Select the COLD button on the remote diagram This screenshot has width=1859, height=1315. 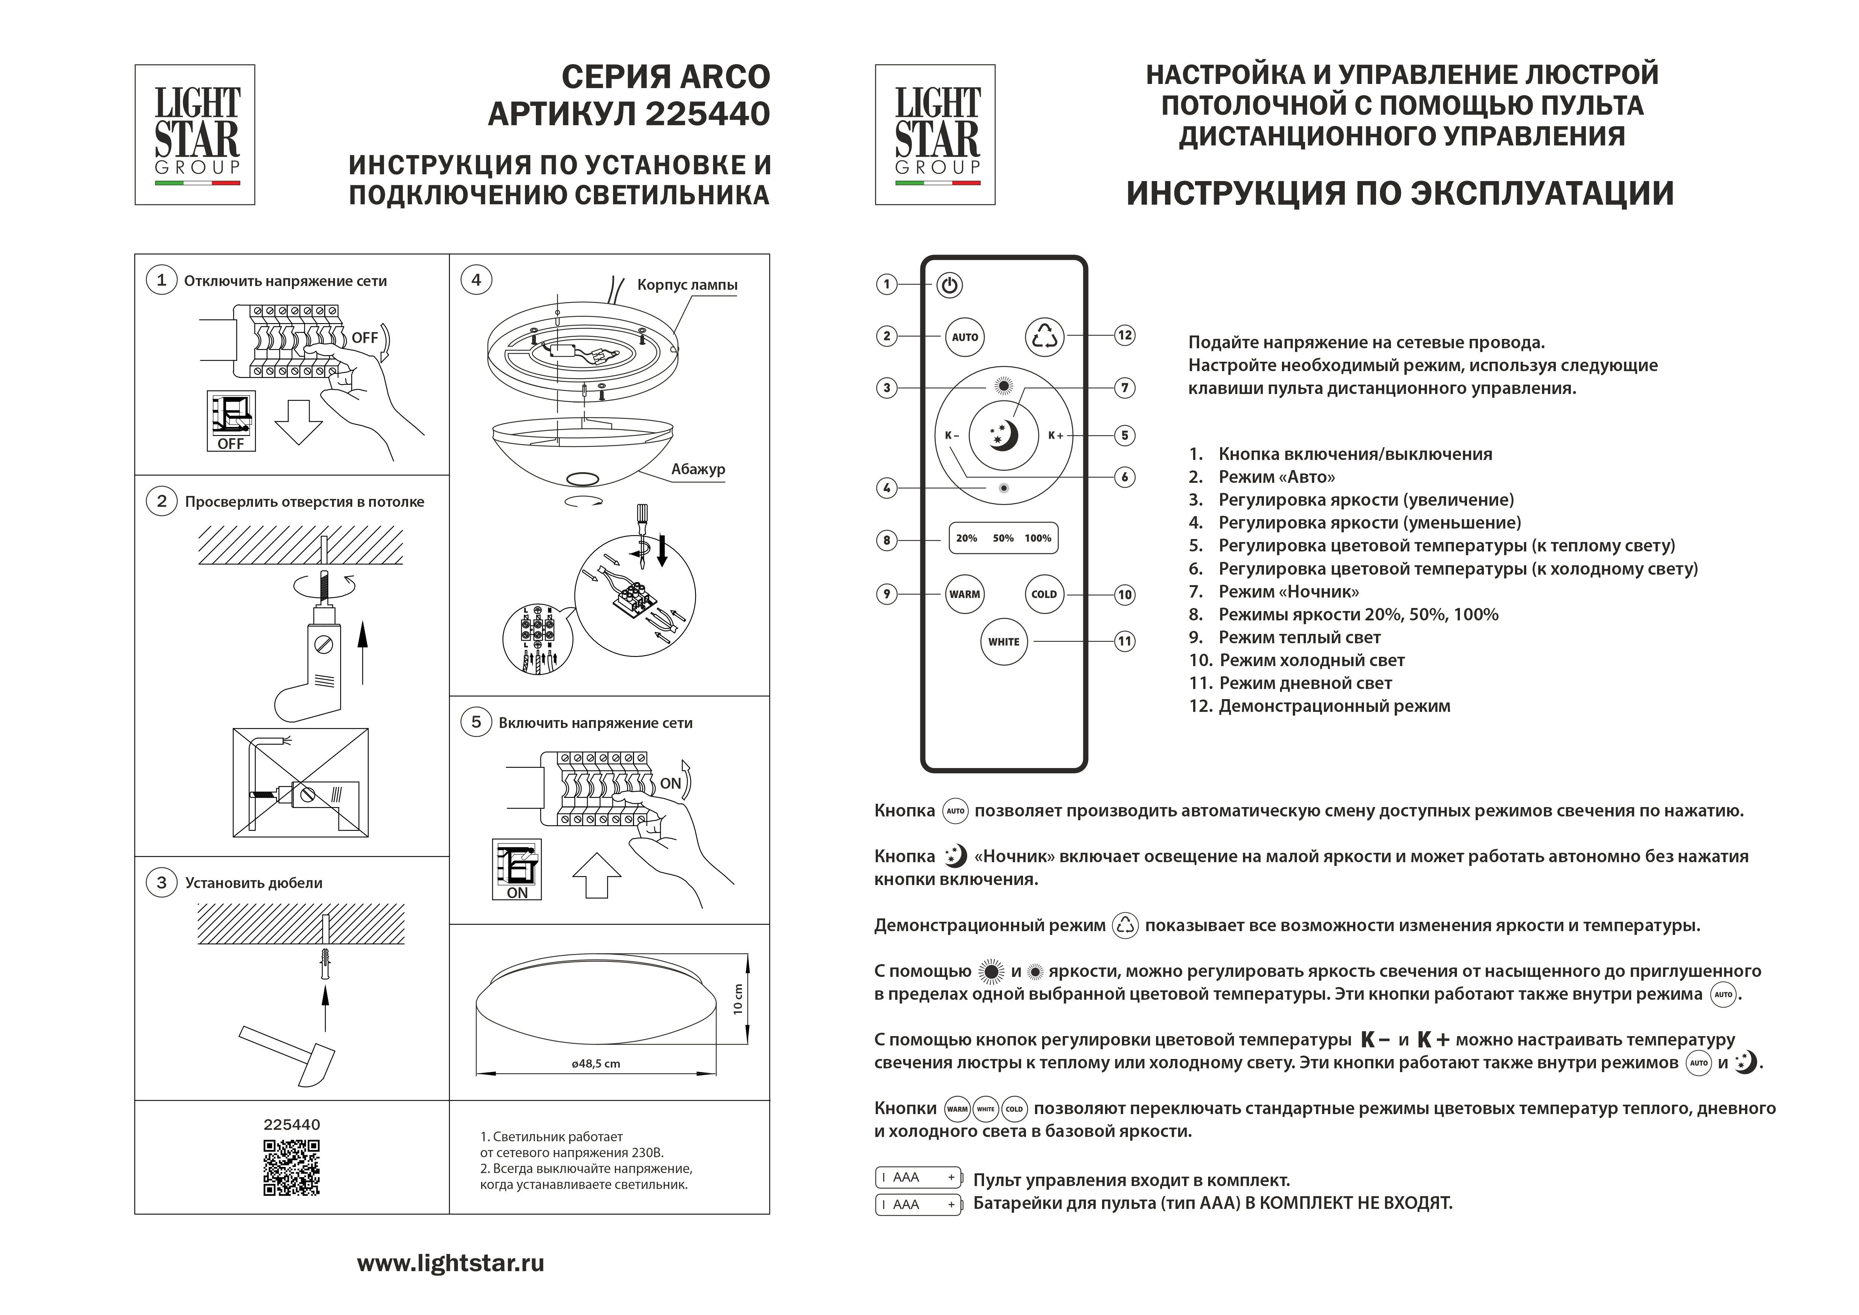pos(1044,595)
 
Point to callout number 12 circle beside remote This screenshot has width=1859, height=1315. pos(1125,335)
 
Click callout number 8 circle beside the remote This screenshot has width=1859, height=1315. pos(887,540)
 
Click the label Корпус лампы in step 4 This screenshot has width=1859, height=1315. pos(686,285)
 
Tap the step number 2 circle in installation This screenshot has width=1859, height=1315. pos(161,501)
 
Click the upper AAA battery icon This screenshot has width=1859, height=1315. pos(918,1177)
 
